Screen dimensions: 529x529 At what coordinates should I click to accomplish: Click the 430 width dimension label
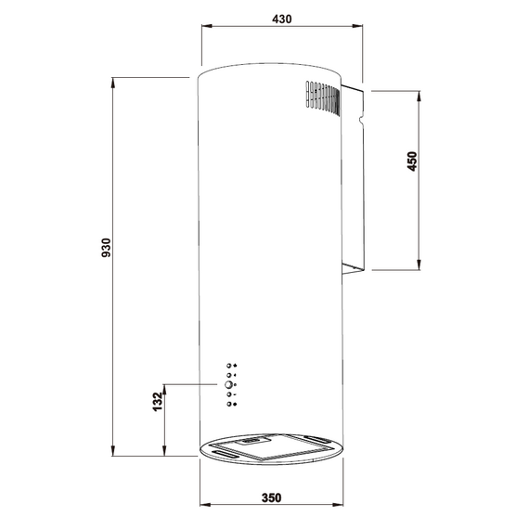pyautogui.click(x=282, y=19)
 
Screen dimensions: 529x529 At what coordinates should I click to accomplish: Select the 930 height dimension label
pyautogui.click(x=107, y=248)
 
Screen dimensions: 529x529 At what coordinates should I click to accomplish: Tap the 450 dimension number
pyautogui.click(x=412, y=161)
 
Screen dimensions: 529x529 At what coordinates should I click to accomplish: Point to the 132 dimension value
pyautogui.click(x=158, y=402)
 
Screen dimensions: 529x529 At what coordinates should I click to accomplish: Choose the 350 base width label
pyautogui.click(x=271, y=497)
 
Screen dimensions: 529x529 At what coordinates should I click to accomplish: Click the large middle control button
pyautogui.click(x=228, y=384)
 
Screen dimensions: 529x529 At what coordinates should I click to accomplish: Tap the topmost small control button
pyautogui.click(x=228, y=366)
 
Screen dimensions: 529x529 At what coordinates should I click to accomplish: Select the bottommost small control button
pyautogui.click(x=228, y=404)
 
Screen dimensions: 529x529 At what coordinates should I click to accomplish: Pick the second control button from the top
pyautogui.click(x=228, y=375)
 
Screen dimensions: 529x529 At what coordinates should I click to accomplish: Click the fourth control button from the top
pyautogui.click(x=228, y=394)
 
